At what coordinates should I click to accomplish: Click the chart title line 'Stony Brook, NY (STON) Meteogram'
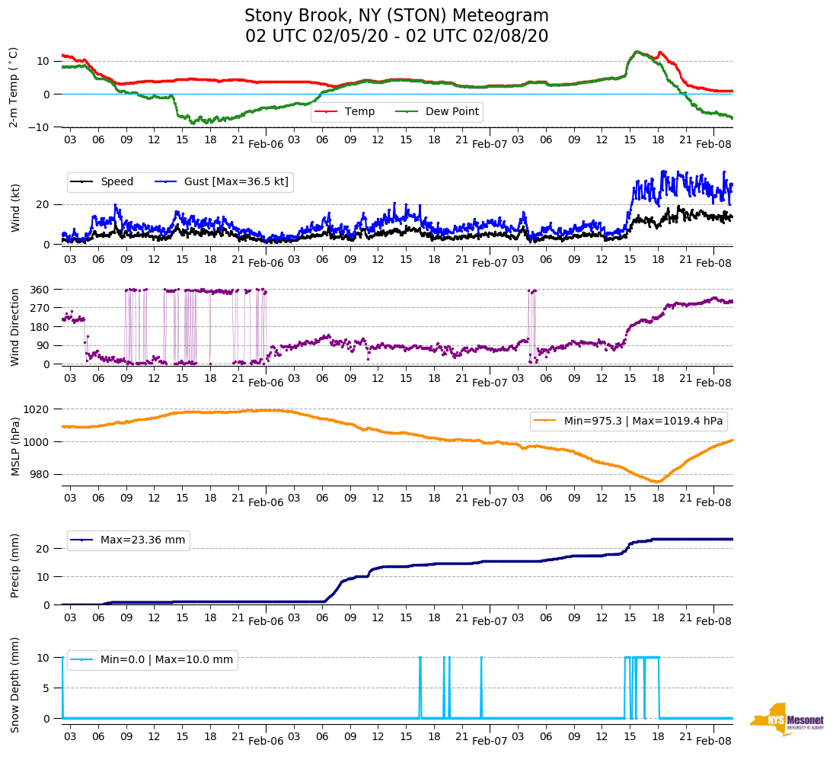pyautogui.click(x=396, y=16)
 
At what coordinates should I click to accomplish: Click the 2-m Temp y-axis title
pyautogui.click(x=14, y=86)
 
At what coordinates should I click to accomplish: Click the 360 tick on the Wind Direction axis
pyautogui.click(x=40, y=290)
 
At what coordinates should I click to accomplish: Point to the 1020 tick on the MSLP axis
pyautogui.click(x=37, y=409)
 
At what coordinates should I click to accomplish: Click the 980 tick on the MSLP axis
pyautogui.click(x=40, y=474)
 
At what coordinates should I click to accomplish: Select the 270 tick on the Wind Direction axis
pyautogui.click(x=40, y=308)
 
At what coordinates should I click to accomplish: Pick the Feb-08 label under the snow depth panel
pyautogui.click(x=713, y=741)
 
